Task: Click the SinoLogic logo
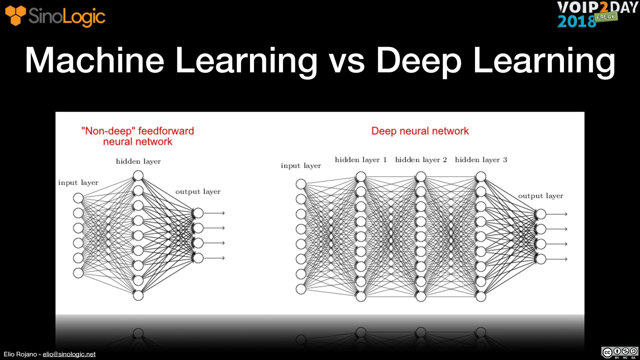[55, 16]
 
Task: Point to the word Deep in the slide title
[419, 61]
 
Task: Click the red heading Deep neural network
[420, 131]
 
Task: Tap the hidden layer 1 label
[361, 160]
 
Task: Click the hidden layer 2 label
[421, 160]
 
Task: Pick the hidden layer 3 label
[481, 160]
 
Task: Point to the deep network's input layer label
[301, 166]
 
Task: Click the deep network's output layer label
[540, 196]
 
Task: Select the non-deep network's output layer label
[198, 192]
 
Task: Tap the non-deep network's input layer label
[78, 183]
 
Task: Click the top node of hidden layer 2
[421, 177]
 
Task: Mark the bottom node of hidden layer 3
[481, 296]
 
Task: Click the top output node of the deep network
[541, 214]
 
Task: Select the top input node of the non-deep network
[78, 198]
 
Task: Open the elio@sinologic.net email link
[69, 354]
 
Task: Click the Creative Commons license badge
[620, 352]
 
